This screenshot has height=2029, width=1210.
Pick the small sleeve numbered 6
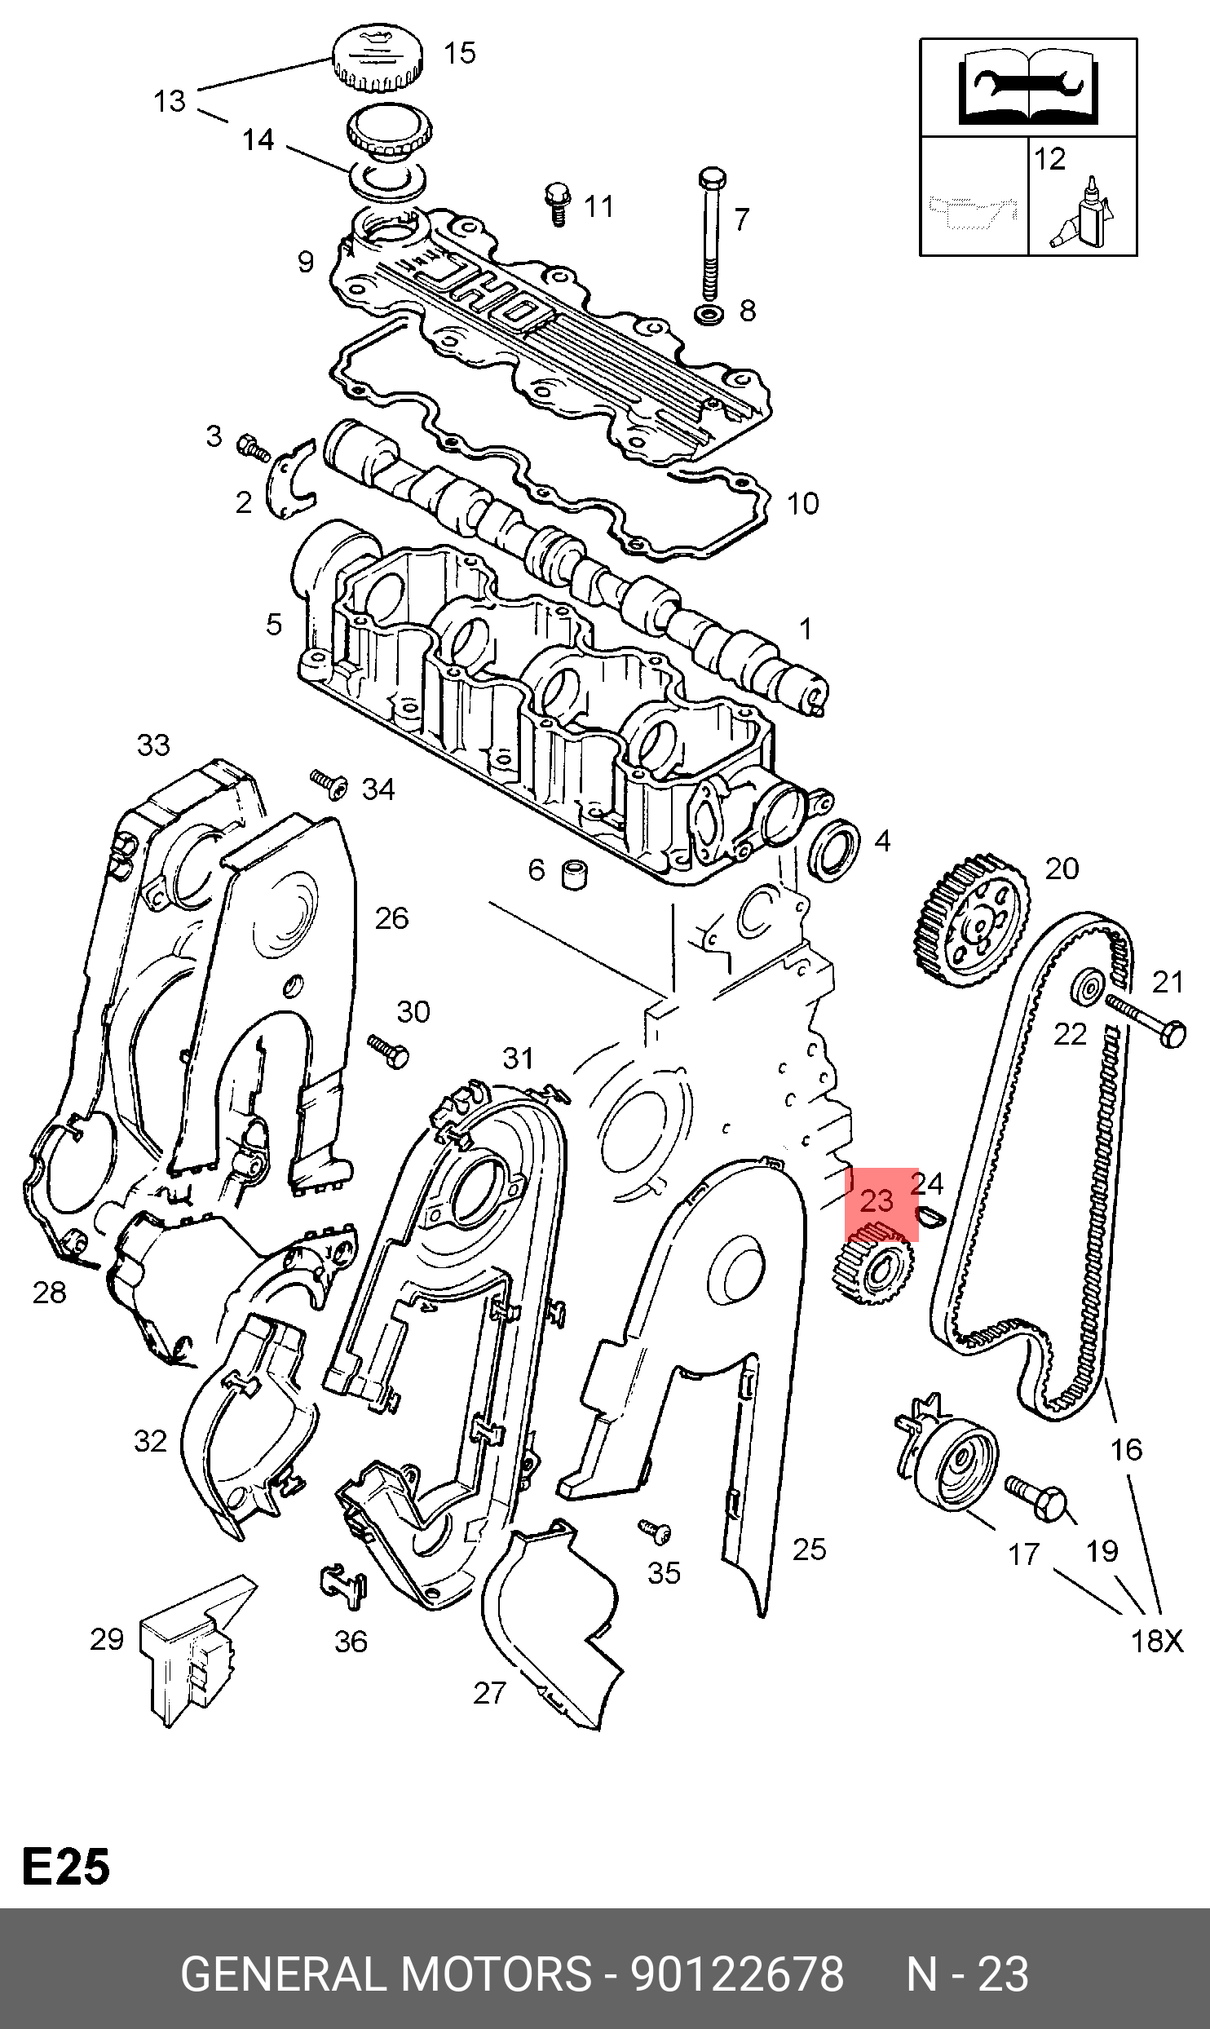point(574,874)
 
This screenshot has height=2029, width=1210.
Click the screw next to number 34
point(329,783)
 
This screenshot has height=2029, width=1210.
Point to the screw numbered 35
point(655,1532)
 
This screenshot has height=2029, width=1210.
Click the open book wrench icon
point(1028,86)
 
